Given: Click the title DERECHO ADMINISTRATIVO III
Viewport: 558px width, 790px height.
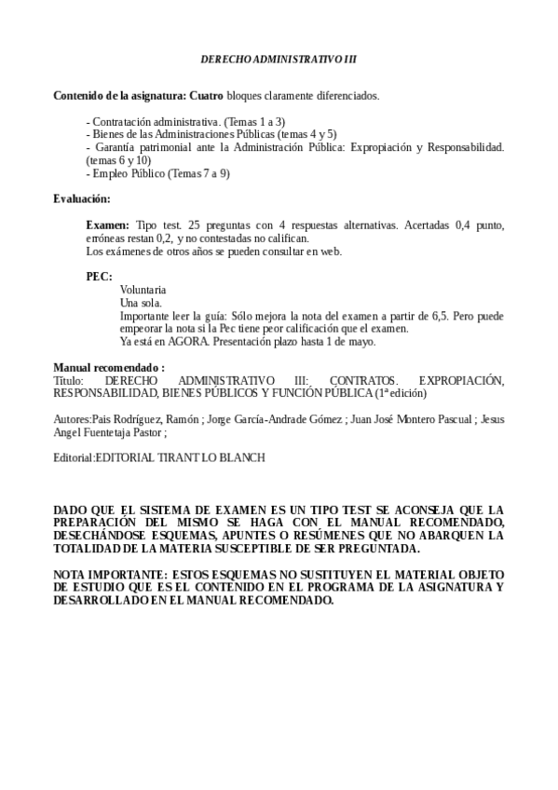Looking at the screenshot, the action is coord(279,60).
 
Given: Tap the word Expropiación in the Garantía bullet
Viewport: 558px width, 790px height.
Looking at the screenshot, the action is coord(376,147).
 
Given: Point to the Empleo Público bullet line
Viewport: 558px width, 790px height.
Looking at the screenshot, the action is coord(157,173).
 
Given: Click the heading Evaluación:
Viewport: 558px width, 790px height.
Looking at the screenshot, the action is coord(82,198).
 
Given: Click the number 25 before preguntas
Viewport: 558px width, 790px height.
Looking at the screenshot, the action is coord(195,225).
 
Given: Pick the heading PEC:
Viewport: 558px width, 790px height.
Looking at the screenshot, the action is coord(100,277).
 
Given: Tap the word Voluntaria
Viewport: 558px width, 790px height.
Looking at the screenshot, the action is coord(143,290).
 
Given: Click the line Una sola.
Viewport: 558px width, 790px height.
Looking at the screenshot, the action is coord(141,303).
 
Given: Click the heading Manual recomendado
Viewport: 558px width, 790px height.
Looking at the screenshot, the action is coord(109,368).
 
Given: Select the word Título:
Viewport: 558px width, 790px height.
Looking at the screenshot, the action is coord(69,381).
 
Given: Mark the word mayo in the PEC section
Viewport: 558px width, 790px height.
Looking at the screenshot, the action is coord(362,342).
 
